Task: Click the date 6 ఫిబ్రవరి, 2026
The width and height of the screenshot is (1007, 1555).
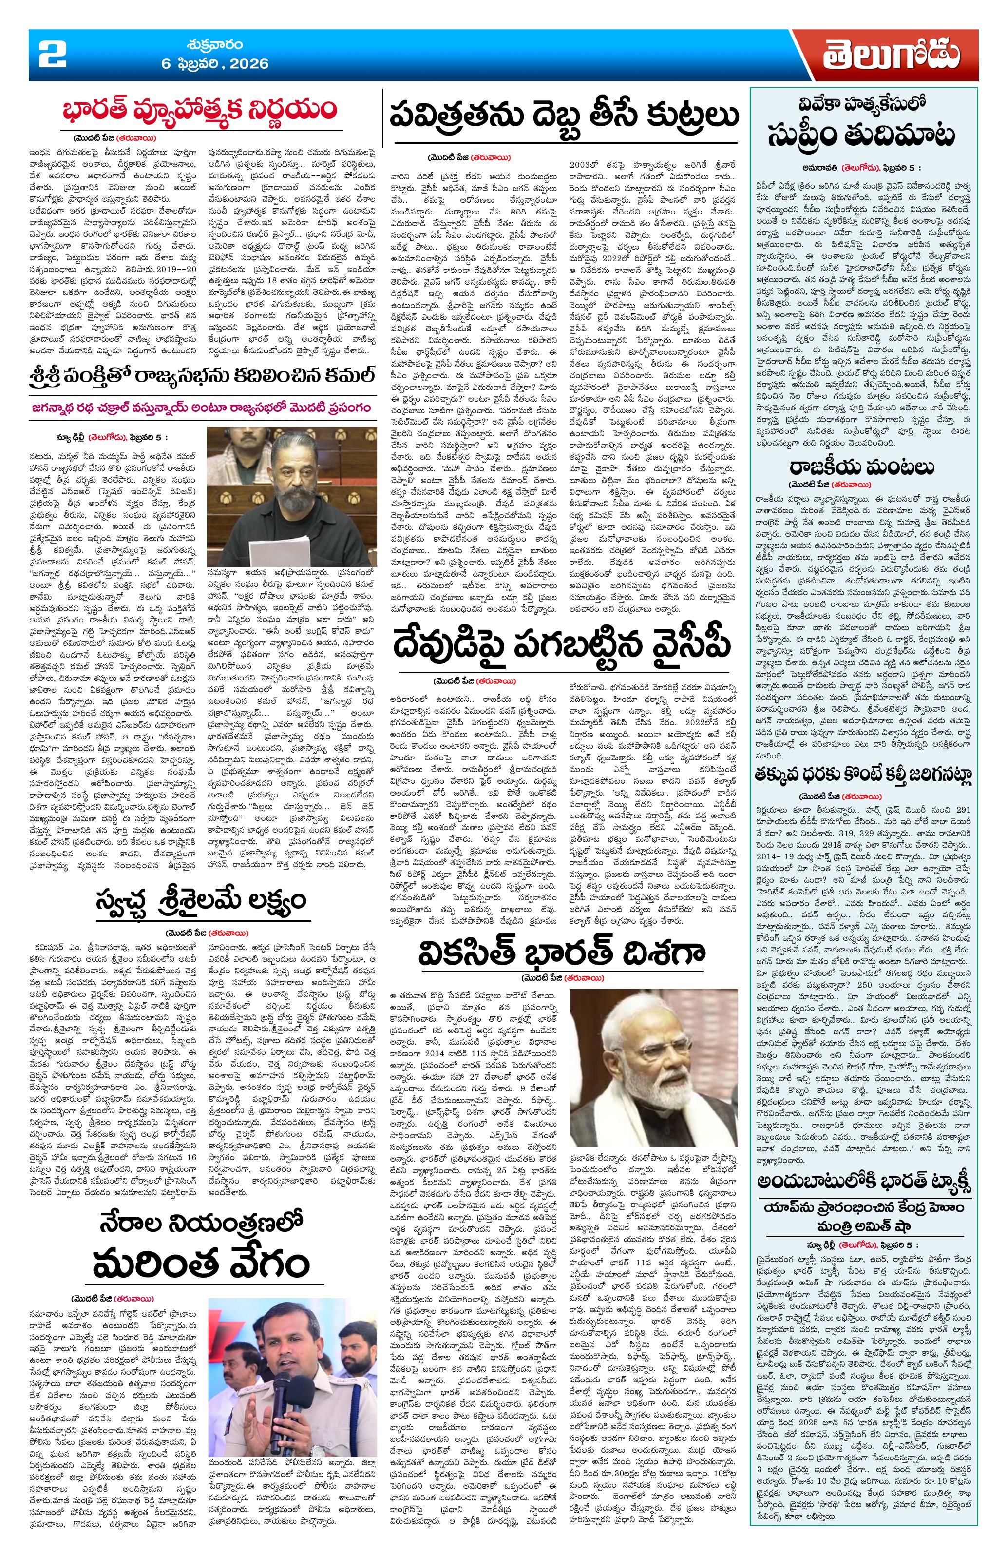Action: [x=215, y=63]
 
